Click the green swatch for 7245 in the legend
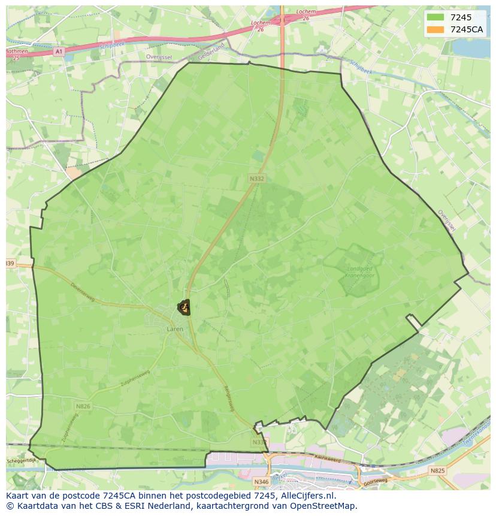coord(435,17)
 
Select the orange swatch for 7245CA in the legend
coord(435,29)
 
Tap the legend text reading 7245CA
coord(467,29)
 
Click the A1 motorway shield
coord(58,52)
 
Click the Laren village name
coord(175,329)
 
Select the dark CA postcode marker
coord(184,307)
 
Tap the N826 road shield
coord(83,406)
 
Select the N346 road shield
coord(261,481)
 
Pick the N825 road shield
coord(437,471)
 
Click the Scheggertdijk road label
coord(21,461)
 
